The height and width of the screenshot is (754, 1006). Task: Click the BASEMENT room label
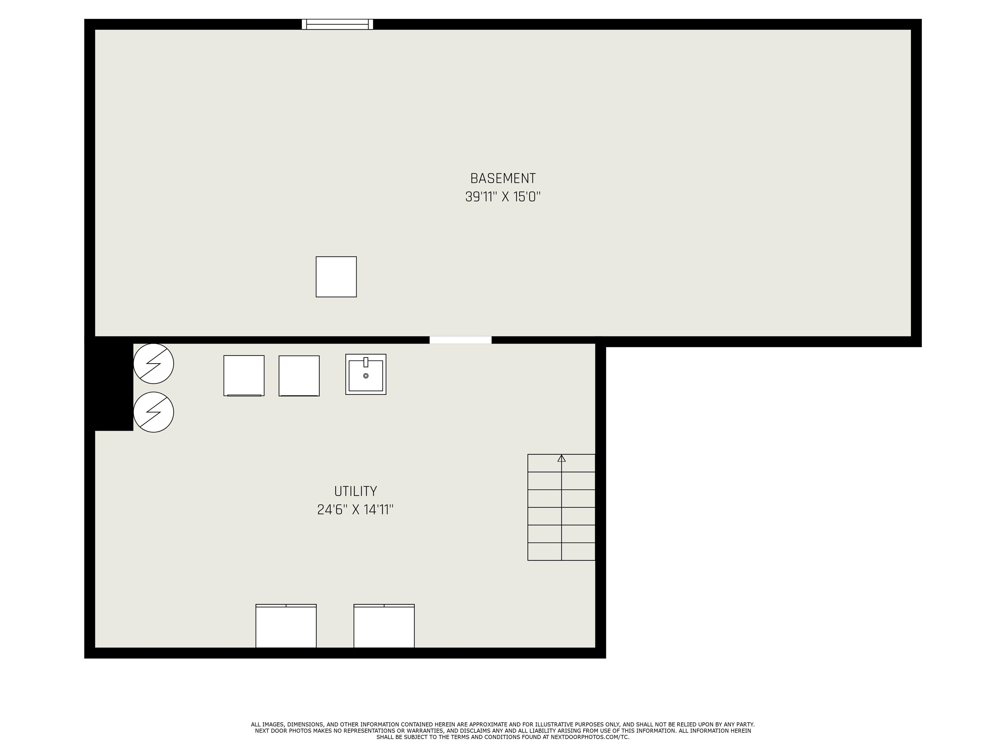(x=503, y=178)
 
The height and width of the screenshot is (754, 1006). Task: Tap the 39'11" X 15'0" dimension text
(x=503, y=197)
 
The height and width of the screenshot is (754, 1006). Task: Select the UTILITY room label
(x=356, y=491)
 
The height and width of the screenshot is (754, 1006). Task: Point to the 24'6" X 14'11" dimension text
(x=355, y=510)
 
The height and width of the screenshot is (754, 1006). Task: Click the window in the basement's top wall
(x=337, y=24)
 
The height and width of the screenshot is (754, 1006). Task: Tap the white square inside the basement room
(x=336, y=277)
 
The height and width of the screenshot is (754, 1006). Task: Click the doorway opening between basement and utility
(x=461, y=340)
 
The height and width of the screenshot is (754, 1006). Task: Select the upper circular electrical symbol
(x=154, y=364)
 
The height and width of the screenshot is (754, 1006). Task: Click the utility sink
(x=366, y=374)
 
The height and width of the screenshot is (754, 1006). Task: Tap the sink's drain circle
(x=366, y=376)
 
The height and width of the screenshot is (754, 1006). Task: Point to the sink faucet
(x=366, y=362)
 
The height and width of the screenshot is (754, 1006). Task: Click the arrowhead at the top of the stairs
(x=562, y=458)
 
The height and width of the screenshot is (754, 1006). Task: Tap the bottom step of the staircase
(x=562, y=551)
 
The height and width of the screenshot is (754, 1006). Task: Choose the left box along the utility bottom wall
(x=286, y=626)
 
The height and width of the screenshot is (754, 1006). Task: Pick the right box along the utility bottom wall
(x=384, y=626)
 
